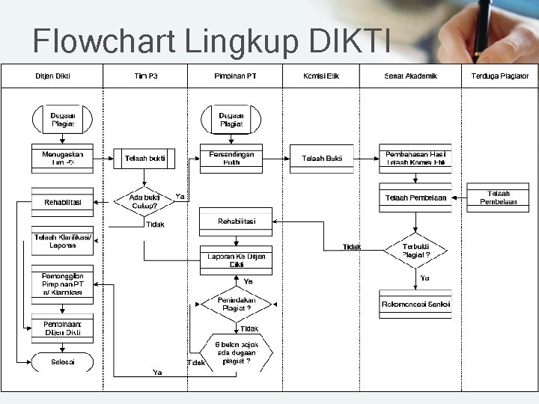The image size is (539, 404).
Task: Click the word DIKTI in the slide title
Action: [x=349, y=42]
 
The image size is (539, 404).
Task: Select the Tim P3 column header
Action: [x=146, y=76]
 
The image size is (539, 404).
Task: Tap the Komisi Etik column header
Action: [x=321, y=76]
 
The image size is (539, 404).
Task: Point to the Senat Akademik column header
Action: [x=410, y=76]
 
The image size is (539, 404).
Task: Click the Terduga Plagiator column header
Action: [x=500, y=76]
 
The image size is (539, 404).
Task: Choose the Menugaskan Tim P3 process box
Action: [x=63, y=158]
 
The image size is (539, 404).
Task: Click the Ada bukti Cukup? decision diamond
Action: [x=144, y=201]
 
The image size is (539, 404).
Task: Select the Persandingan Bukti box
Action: [x=232, y=158]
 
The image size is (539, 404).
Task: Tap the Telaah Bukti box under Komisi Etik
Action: [x=322, y=159]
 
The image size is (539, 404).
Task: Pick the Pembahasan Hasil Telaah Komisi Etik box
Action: [x=415, y=158]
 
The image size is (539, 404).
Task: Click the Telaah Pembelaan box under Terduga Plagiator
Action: [x=498, y=198]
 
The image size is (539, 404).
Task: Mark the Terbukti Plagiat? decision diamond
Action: [x=415, y=250]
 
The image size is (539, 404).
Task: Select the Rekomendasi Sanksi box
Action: [x=415, y=304]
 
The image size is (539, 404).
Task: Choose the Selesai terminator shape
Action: [x=63, y=361]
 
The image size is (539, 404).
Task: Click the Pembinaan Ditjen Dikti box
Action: [x=63, y=328]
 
